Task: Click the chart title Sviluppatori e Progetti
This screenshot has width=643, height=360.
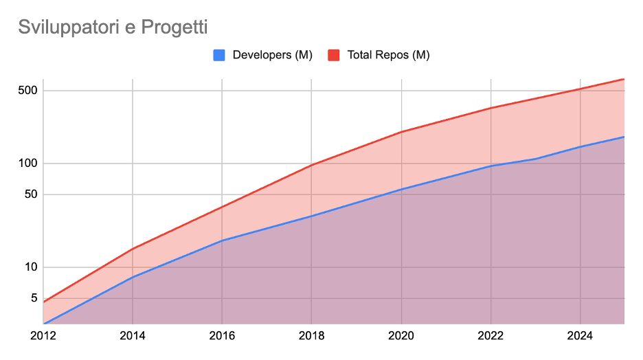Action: (113, 27)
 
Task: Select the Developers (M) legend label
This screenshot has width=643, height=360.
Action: (273, 56)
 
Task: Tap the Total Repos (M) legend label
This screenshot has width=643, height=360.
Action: (388, 56)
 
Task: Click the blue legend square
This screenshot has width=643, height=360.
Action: (220, 56)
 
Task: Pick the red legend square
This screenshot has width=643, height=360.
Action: (335, 56)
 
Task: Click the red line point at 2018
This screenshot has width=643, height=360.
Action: (311, 165)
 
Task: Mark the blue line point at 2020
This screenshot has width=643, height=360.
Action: (401, 190)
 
